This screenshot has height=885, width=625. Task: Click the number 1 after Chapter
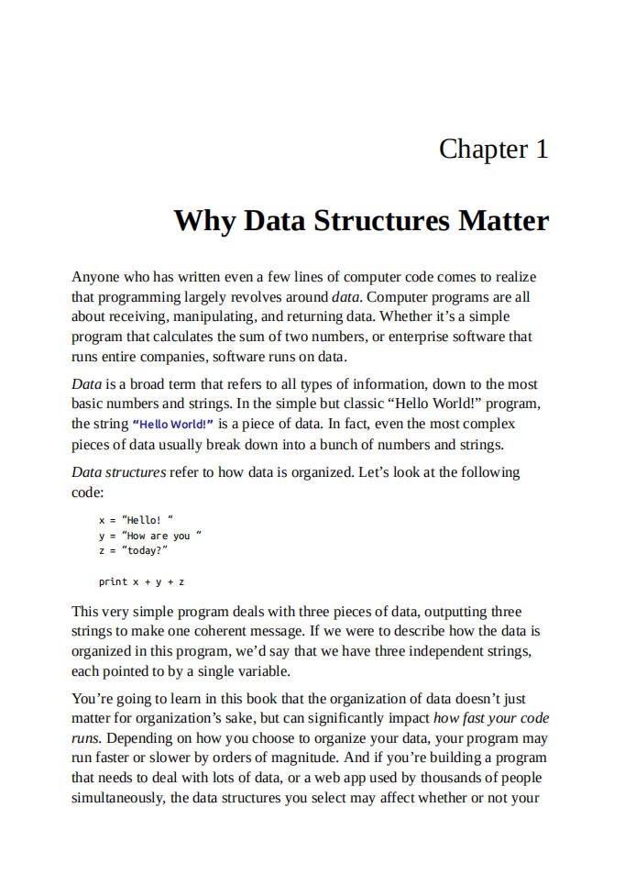[x=541, y=149]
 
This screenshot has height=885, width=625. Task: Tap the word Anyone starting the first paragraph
[x=94, y=277]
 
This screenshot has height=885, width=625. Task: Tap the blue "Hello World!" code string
[x=173, y=425]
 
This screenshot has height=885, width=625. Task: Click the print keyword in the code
[x=113, y=581]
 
